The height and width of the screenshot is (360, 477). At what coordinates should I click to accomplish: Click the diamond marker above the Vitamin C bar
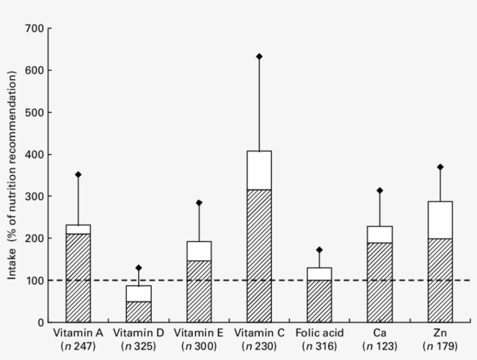[259, 56]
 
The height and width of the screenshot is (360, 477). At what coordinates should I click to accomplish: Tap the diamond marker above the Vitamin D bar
[138, 268]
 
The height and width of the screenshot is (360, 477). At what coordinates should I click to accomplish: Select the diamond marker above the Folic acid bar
[319, 250]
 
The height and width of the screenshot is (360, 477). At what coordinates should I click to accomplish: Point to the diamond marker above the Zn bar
[440, 167]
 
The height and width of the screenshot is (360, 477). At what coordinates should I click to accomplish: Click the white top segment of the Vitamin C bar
[259, 170]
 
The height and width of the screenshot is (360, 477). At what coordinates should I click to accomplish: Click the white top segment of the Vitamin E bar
[199, 251]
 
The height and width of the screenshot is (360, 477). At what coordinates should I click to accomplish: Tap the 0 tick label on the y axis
[40, 322]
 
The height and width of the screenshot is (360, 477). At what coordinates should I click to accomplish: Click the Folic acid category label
[319, 333]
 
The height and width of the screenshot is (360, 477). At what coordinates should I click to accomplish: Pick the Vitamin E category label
[199, 333]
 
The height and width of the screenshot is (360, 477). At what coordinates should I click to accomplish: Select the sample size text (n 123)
[380, 347]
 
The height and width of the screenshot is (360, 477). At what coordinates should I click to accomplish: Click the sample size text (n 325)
[138, 347]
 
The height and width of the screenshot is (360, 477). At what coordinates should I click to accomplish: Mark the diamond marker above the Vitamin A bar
[78, 174]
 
